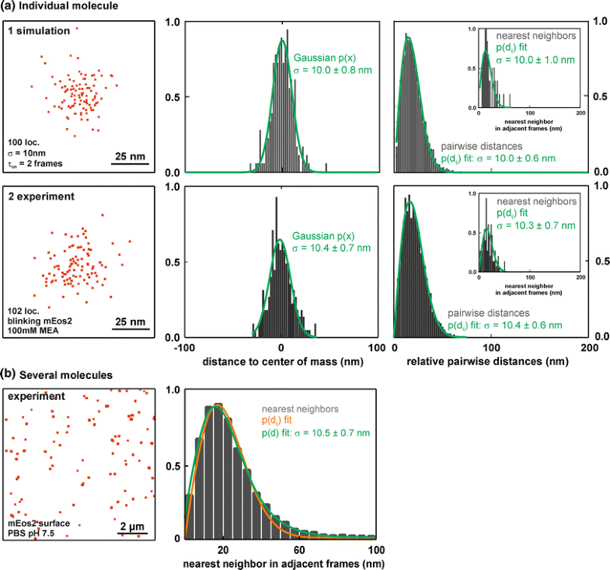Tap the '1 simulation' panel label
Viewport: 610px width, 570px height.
(40, 30)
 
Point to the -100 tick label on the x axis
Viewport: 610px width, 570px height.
(182, 348)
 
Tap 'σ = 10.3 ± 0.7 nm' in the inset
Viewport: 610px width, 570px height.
(535, 225)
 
